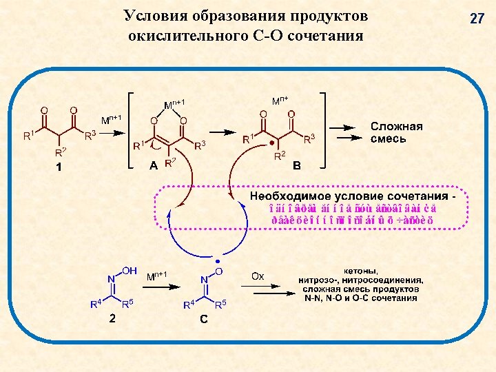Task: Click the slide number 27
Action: click(x=477, y=19)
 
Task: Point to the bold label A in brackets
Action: click(x=153, y=165)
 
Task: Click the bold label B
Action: click(x=297, y=166)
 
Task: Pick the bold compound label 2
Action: click(x=112, y=318)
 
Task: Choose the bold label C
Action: click(x=204, y=318)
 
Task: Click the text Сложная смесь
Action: click(x=396, y=132)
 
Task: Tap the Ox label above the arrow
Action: click(x=257, y=276)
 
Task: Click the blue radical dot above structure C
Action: click(x=218, y=262)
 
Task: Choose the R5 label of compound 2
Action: click(x=127, y=303)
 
